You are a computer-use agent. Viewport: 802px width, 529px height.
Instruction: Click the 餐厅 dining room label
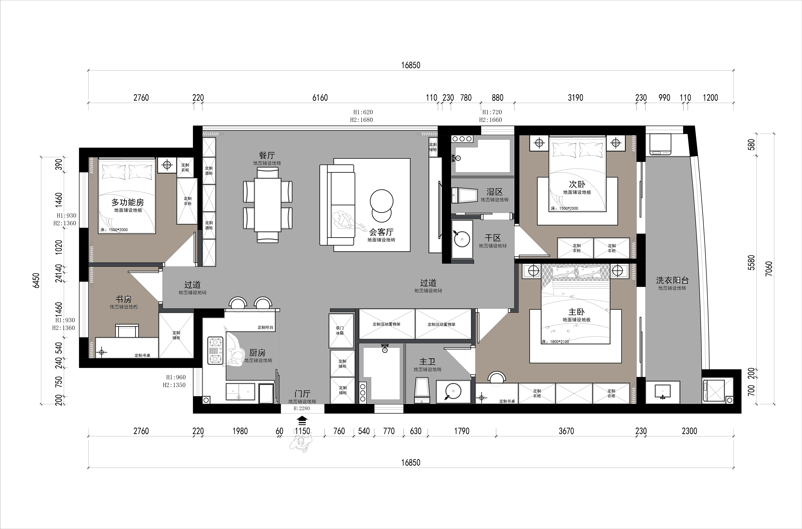[x=267, y=155]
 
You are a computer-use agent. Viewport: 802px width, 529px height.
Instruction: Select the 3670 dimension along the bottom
[x=566, y=431]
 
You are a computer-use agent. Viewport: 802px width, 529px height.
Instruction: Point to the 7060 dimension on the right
[x=769, y=269]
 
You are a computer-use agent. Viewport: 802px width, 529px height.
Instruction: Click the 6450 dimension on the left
[x=36, y=280]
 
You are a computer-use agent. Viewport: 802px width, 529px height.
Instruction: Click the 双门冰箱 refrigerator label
[x=340, y=330]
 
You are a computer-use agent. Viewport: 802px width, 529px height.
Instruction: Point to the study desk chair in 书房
[x=127, y=331]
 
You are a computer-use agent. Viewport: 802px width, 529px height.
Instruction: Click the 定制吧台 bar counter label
[x=266, y=327]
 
